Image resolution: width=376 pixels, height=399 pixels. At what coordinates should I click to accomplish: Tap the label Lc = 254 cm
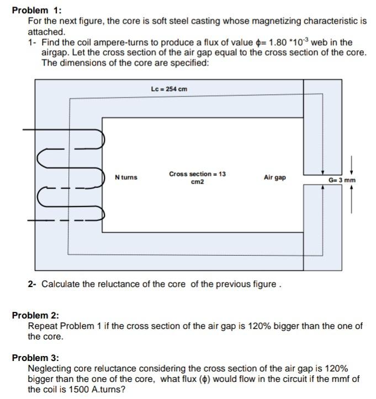point(169,89)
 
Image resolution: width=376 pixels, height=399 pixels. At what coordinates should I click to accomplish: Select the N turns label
point(126,177)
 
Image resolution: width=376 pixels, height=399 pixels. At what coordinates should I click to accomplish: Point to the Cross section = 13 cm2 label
point(197,177)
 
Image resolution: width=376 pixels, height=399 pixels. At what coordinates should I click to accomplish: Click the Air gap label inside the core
point(274,177)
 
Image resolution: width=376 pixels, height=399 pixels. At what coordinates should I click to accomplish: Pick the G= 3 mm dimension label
point(342,180)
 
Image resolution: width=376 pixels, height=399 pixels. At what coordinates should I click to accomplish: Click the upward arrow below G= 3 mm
point(352,198)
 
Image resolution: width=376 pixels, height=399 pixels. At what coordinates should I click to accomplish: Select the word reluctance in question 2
point(110,284)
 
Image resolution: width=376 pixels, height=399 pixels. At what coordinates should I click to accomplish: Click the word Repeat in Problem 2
point(41,326)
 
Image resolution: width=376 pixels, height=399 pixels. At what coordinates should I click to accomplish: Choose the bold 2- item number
point(32,284)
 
